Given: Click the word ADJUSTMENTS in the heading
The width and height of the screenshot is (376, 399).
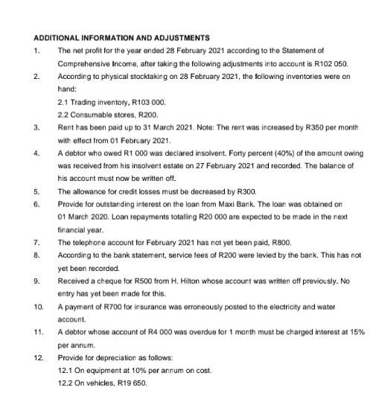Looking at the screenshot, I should [177, 37].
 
